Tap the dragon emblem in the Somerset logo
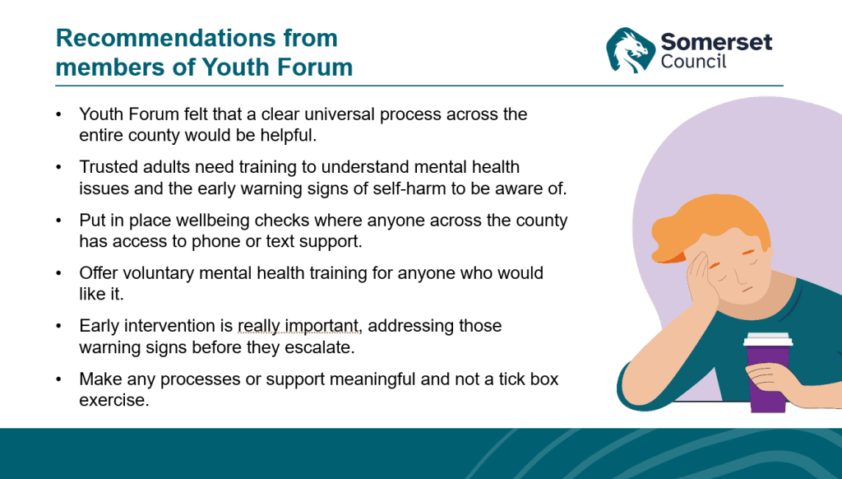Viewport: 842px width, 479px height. (630, 50)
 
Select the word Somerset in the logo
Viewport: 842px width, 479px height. (716, 42)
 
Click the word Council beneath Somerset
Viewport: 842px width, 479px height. (693, 61)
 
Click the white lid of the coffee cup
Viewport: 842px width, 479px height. (769, 339)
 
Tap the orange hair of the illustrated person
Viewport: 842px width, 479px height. (709, 223)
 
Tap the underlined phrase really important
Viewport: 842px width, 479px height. (298, 326)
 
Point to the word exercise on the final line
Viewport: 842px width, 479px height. (113, 401)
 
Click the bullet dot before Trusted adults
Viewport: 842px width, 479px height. (58, 167)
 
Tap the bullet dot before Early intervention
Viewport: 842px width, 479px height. (58, 326)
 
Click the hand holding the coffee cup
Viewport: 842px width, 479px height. (773, 380)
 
